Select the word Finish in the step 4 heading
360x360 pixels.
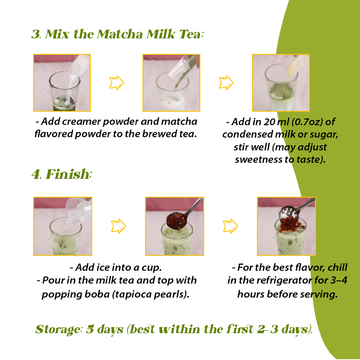(67, 174)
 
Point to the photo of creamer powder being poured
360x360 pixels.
(62, 83)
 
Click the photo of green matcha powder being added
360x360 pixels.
(171, 83)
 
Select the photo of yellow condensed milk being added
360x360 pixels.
(280, 83)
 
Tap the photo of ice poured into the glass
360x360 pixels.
(62, 226)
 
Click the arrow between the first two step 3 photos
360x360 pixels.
(116, 83)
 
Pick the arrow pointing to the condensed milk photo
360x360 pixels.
(226, 83)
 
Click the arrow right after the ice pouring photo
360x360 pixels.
(118, 226)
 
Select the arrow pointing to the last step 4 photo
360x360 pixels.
(230, 226)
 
